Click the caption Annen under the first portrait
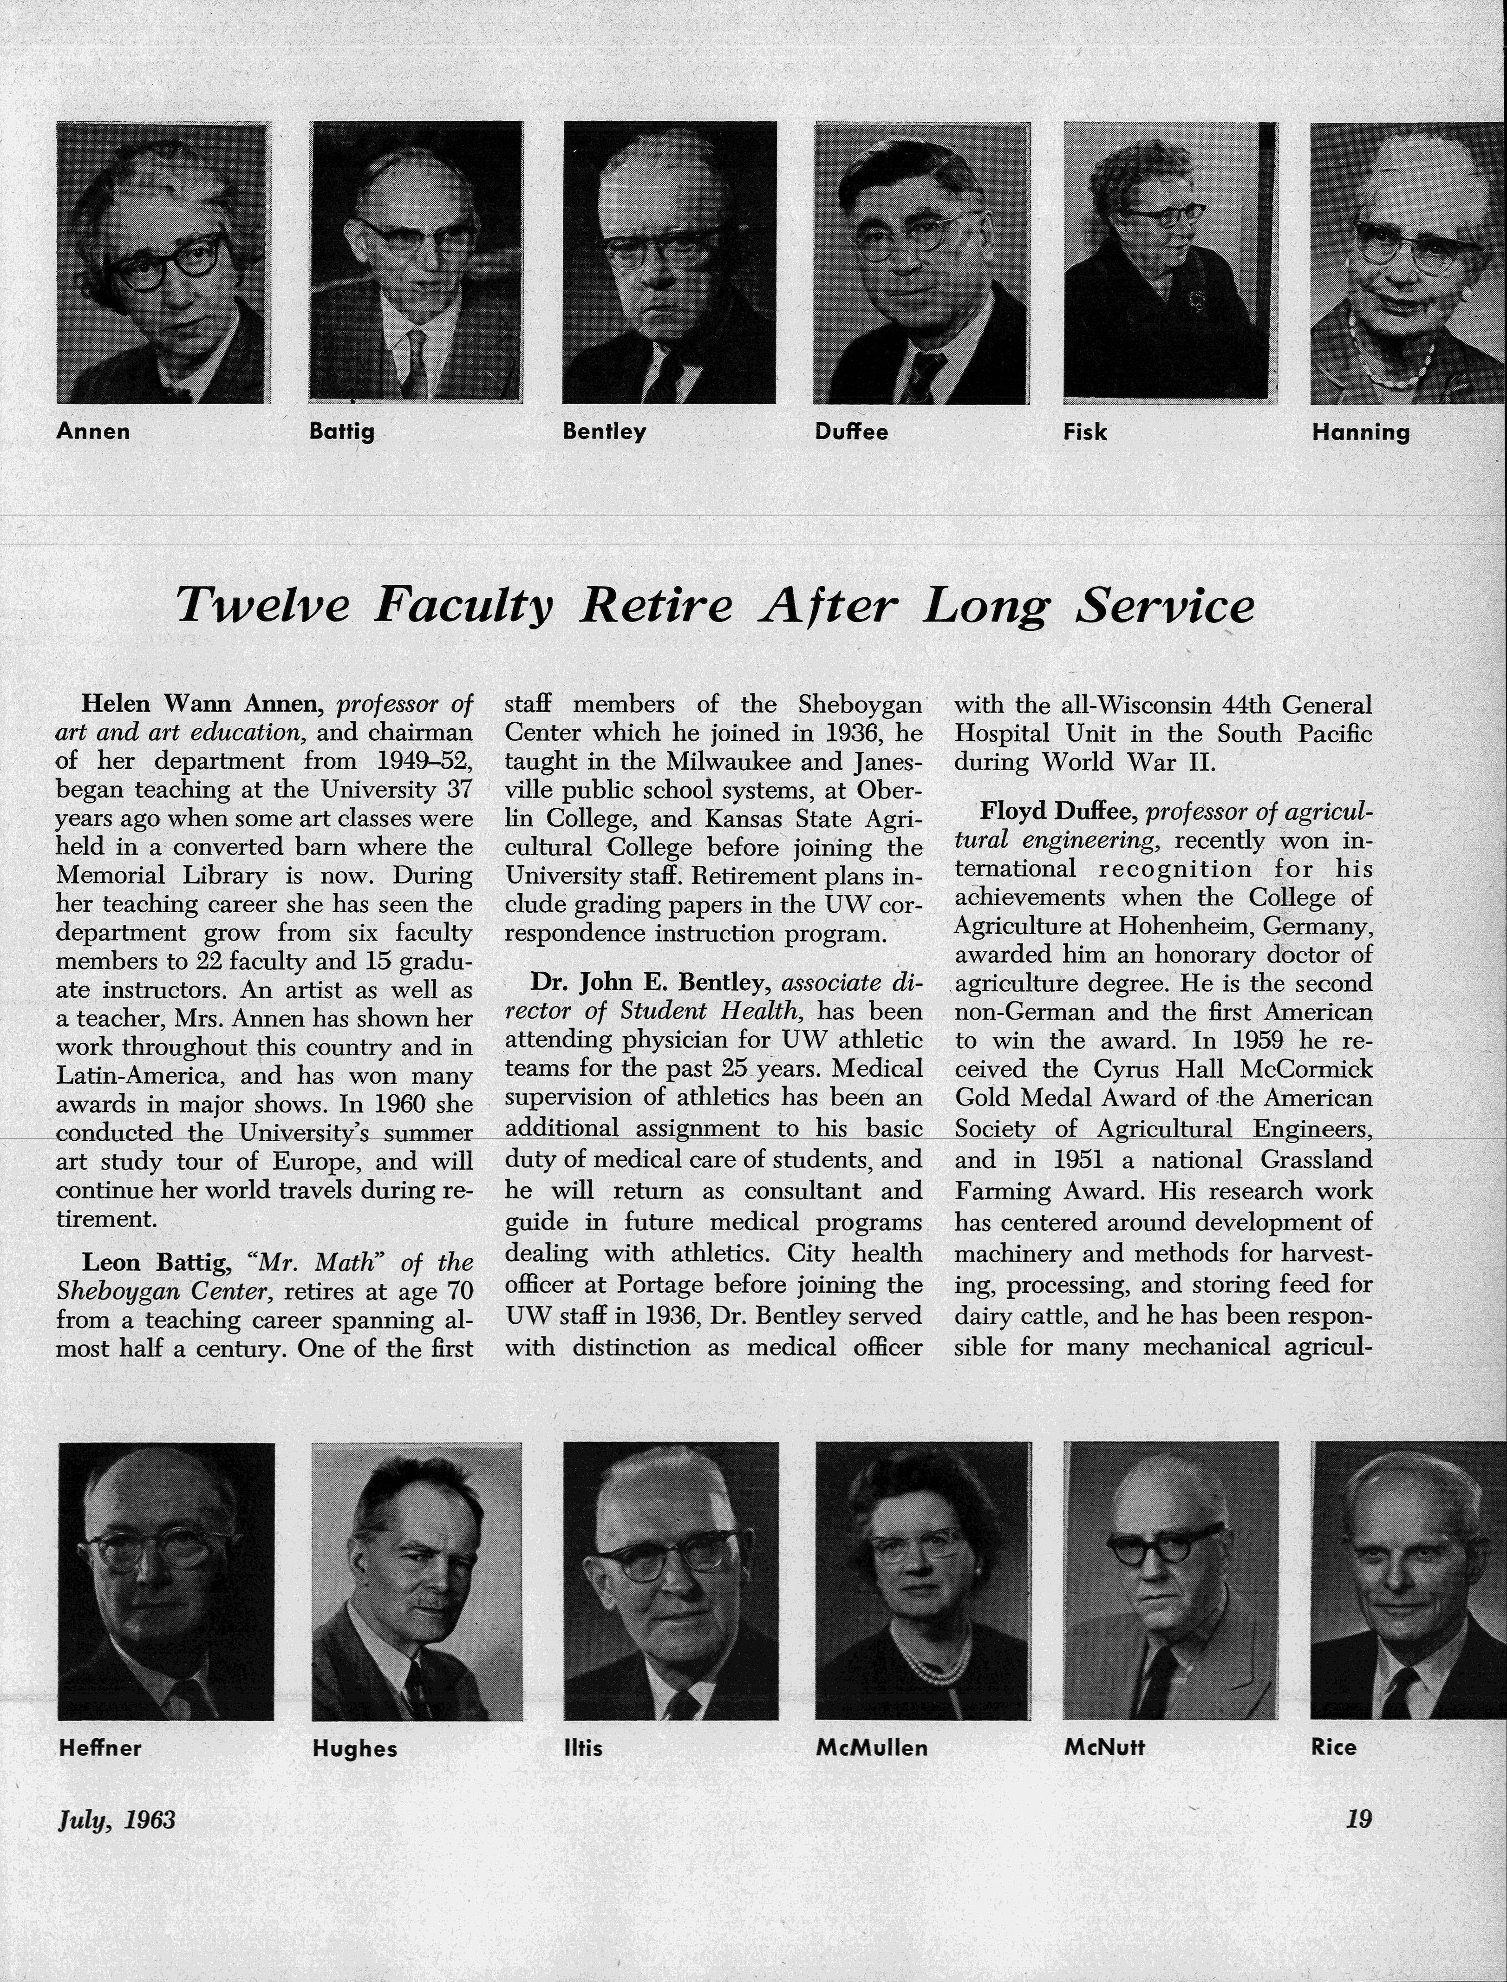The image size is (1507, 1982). point(92,432)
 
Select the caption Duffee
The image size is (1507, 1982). point(851,432)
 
